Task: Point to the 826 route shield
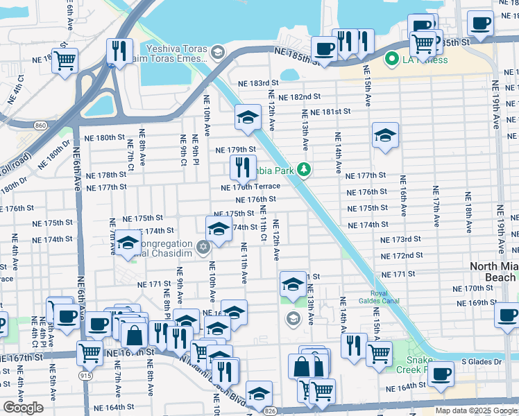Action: pyautogui.click(x=267, y=411)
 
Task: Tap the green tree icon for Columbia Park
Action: pyautogui.click(x=303, y=169)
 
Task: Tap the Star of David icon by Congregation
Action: pyautogui.click(x=203, y=248)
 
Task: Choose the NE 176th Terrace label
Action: pyautogui.click(x=250, y=187)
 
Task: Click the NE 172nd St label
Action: pyautogui.click(x=402, y=256)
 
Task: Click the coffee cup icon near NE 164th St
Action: pyautogui.click(x=441, y=374)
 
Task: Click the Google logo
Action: pyautogui.click(x=24, y=408)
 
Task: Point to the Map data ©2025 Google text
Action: pyautogui.click(x=476, y=410)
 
